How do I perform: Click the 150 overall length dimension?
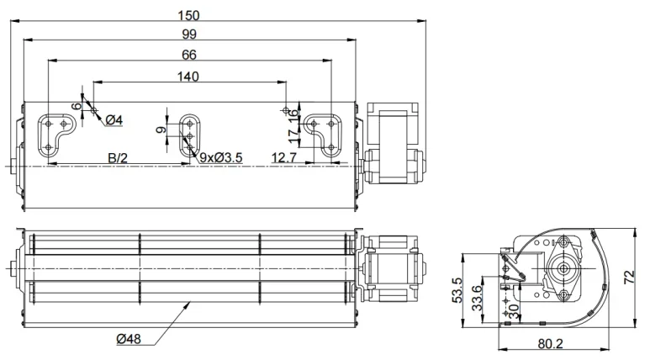(x=188, y=15)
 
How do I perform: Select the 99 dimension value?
(x=189, y=34)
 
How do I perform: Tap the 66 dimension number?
(x=189, y=55)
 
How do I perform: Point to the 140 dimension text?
(x=188, y=77)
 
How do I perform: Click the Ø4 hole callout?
(x=114, y=120)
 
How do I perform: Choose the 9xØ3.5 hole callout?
(x=221, y=157)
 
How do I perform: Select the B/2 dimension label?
(x=118, y=157)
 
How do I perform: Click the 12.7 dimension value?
(x=284, y=157)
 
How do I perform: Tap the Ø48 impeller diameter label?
(x=129, y=339)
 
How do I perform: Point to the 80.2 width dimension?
(x=551, y=344)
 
